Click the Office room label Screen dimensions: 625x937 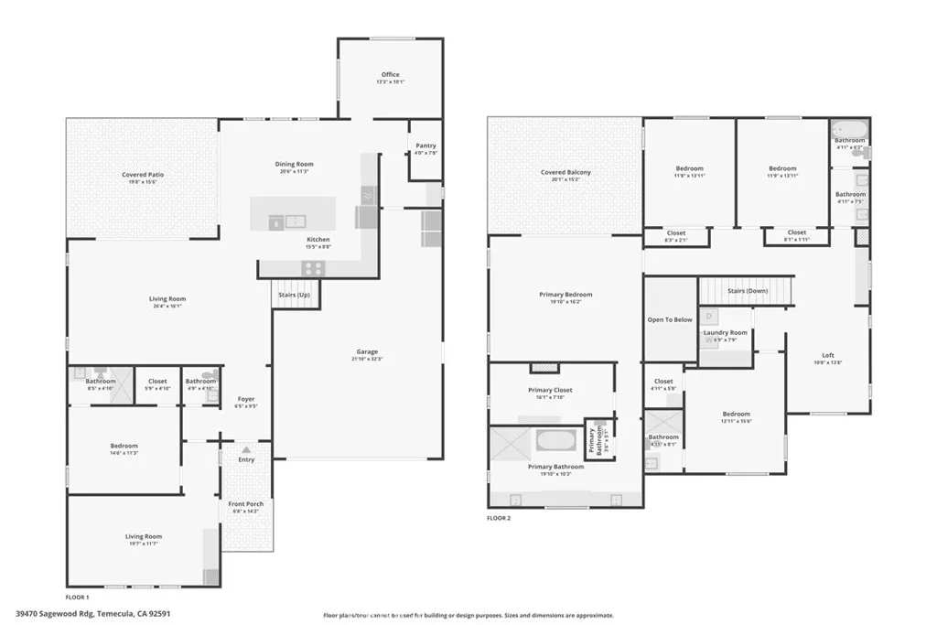[x=390, y=75]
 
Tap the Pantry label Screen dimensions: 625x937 [x=425, y=145]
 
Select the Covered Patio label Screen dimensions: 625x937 [x=143, y=175]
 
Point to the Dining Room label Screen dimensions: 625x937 [x=294, y=164]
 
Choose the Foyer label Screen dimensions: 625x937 [x=246, y=399]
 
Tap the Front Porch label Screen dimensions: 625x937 [x=245, y=504]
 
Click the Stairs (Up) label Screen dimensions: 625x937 [x=294, y=295]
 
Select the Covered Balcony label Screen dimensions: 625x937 [x=565, y=172]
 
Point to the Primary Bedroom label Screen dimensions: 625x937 [x=565, y=295]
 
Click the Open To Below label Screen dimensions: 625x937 [x=670, y=319]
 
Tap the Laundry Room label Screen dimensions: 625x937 [x=725, y=332]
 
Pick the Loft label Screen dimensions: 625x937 [x=828, y=355]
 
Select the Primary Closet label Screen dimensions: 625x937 [x=551, y=391]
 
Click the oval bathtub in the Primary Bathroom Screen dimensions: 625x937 [x=555, y=441]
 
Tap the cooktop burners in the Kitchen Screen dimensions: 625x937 [x=314, y=268]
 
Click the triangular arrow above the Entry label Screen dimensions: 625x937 [x=246, y=449]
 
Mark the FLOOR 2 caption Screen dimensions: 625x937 [x=499, y=518]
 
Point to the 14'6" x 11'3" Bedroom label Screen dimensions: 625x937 [x=124, y=446]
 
